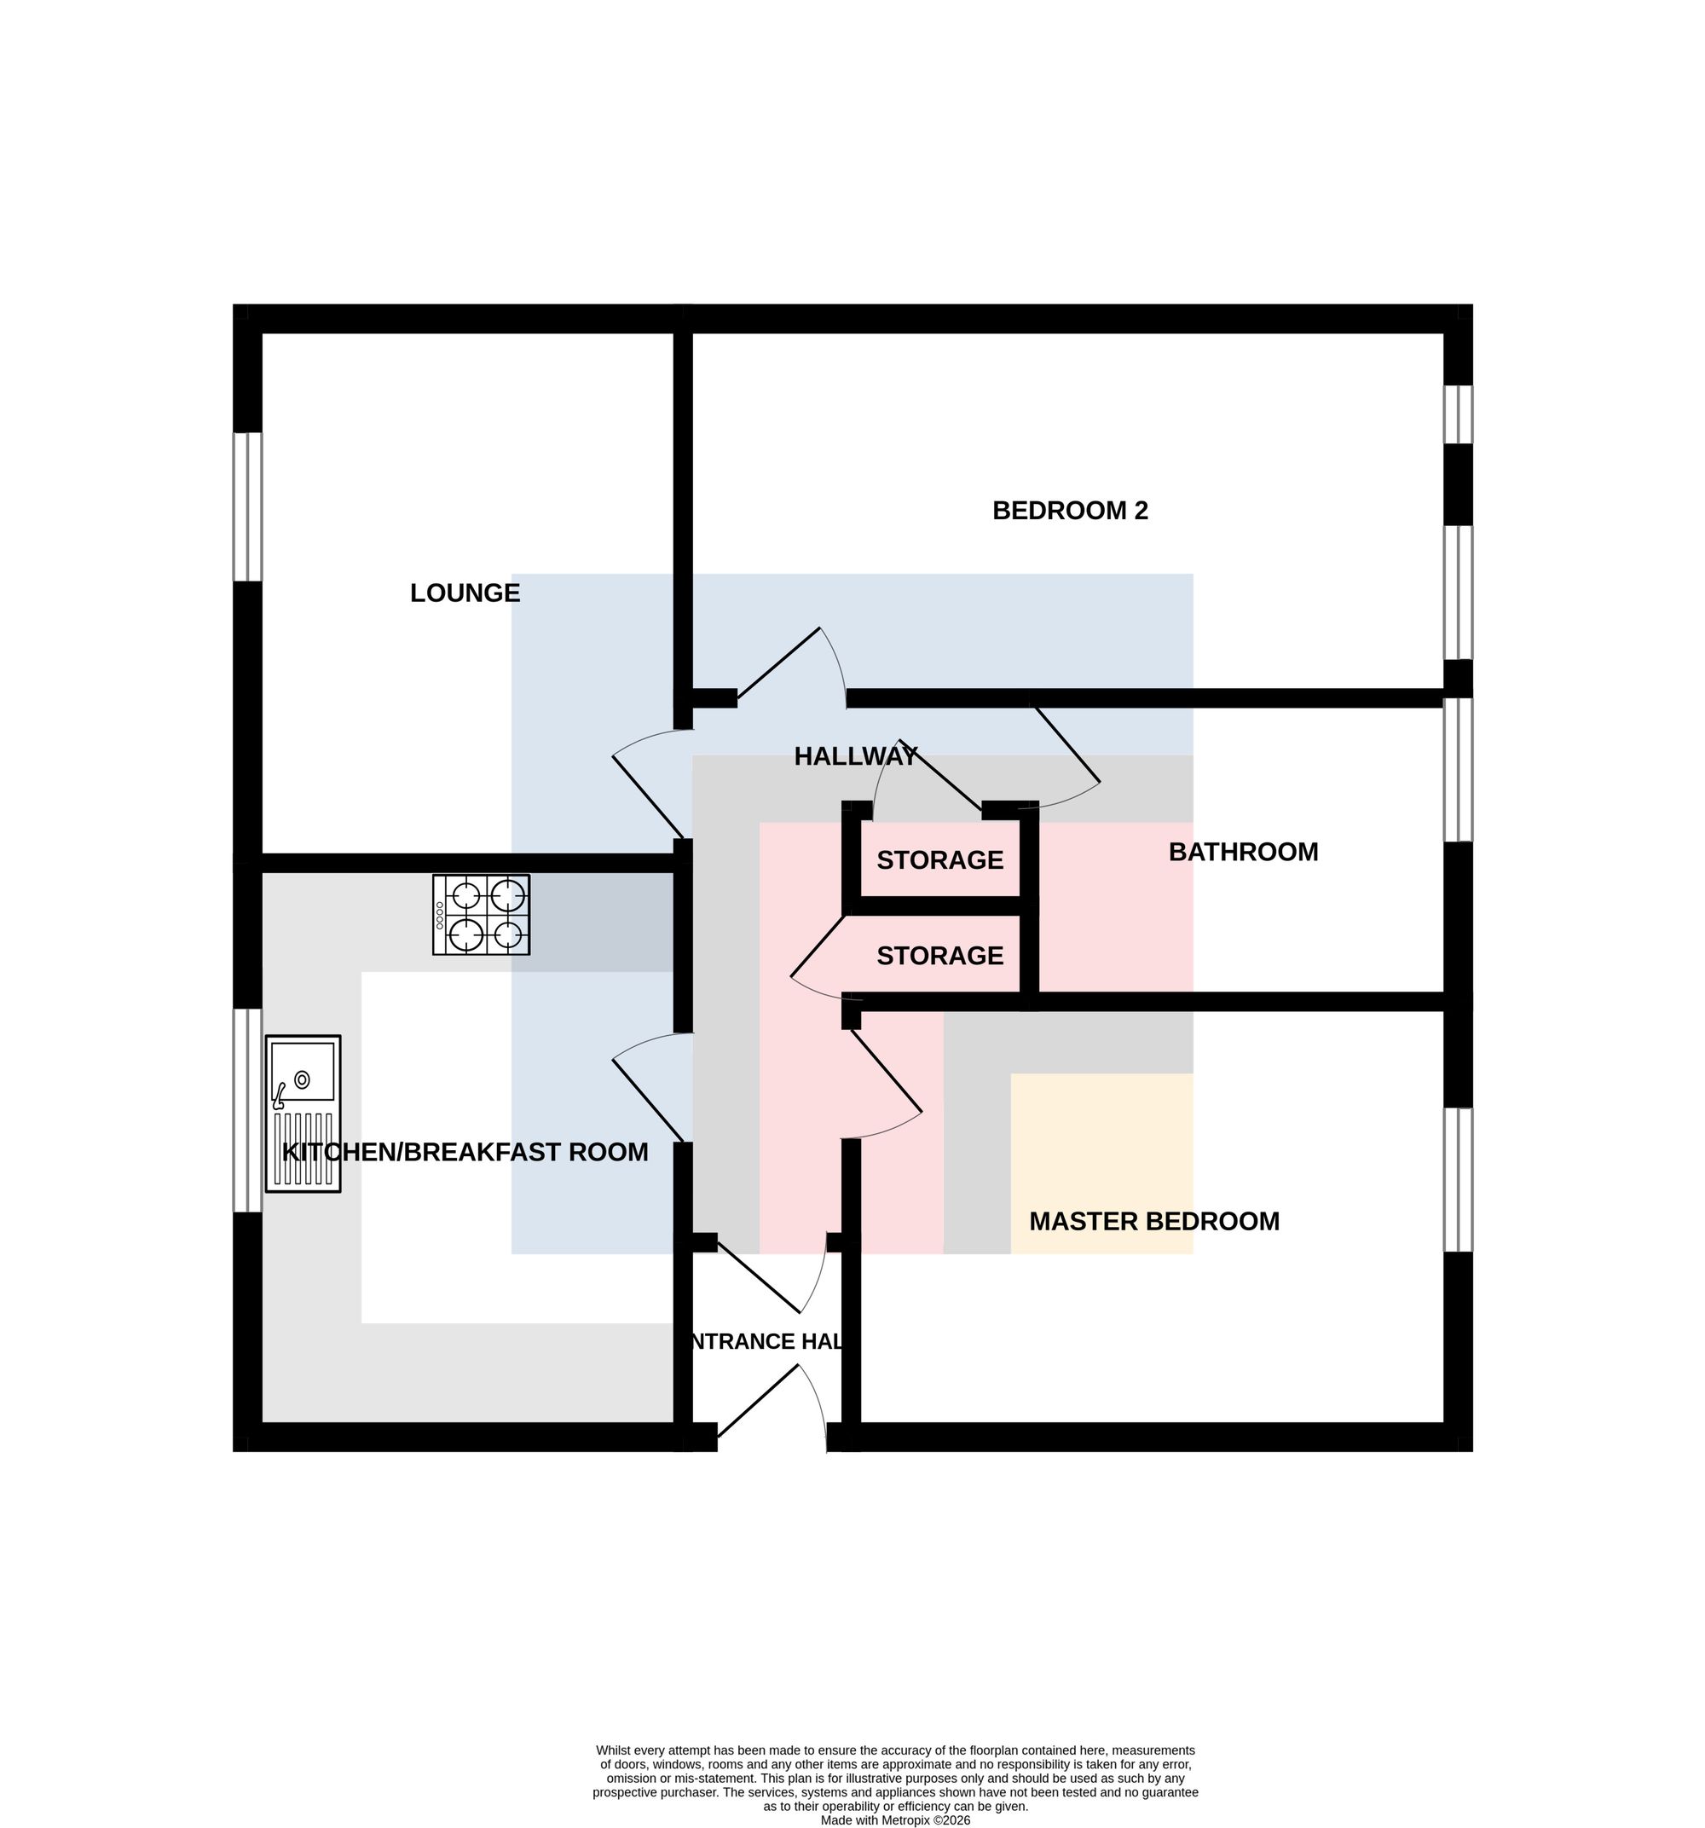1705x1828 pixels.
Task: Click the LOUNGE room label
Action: pos(465,593)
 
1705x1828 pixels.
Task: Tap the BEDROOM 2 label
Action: pos(1070,511)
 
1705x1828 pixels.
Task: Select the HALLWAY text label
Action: pos(855,756)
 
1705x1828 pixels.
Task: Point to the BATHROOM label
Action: pos(1242,852)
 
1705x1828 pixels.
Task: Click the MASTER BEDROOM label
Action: pos(1153,1221)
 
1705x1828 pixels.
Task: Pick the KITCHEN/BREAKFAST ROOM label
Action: pos(465,1152)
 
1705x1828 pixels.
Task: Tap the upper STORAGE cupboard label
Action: pos(939,859)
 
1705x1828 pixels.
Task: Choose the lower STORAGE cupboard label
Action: pos(939,956)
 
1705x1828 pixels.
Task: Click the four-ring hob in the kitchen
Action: pos(481,914)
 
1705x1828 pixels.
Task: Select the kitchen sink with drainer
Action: pos(303,1114)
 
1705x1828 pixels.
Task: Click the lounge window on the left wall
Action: pos(247,506)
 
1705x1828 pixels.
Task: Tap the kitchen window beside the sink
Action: pos(247,1110)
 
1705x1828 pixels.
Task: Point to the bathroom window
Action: pos(1458,770)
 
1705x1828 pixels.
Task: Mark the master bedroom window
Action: pos(1458,1180)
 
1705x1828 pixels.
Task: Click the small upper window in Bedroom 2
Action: pos(1458,414)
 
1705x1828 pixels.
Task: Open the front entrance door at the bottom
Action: pos(772,1406)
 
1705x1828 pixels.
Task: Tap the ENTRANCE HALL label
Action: pos(766,1340)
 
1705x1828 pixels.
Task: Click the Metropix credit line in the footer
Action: pos(895,1819)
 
